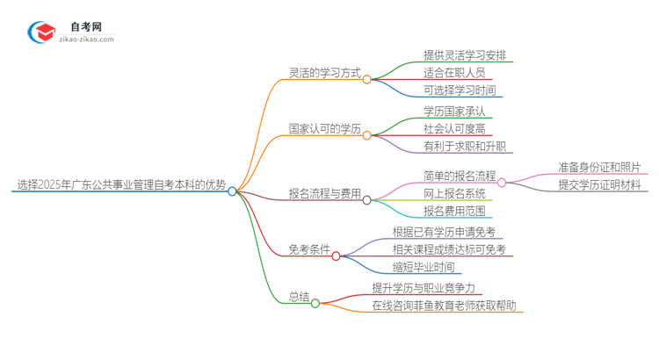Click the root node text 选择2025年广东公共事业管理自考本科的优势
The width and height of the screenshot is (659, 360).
click(121, 184)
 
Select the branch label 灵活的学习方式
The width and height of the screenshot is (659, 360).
click(325, 73)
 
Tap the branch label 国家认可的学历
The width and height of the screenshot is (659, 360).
click(325, 129)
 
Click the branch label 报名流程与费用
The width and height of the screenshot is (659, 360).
click(325, 193)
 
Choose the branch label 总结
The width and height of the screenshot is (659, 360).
click(299, 297)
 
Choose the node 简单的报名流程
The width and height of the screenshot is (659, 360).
click(459, 176)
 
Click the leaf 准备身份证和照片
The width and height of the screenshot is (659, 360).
click(599, 167)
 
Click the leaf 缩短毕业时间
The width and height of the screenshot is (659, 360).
click(424, 267)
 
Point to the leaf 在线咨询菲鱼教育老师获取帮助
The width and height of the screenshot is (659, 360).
click(444, 306)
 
